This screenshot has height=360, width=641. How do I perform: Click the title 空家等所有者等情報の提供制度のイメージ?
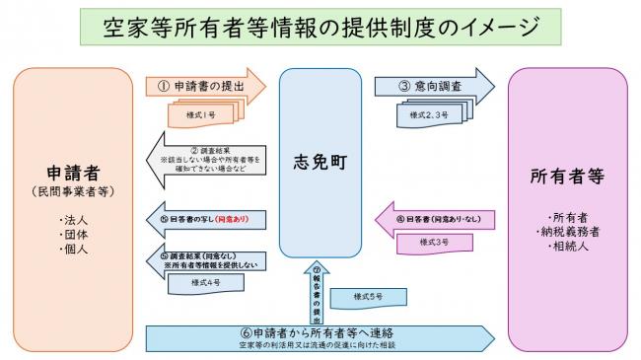[x=320, y=28]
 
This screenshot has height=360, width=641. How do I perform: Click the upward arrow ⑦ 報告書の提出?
[x=317, y=292]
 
